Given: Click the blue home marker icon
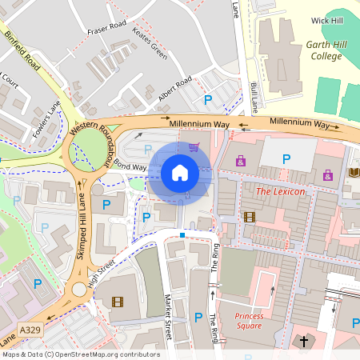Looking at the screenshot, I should [180, 172].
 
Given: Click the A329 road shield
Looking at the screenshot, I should [30, 330].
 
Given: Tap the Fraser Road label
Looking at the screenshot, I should [107, 26].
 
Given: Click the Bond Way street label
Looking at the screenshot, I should [130, 165].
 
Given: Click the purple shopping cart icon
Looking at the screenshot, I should [194, 146].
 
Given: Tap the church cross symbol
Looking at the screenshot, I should [303, 342].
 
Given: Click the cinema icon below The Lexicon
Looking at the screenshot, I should [249, 217].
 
